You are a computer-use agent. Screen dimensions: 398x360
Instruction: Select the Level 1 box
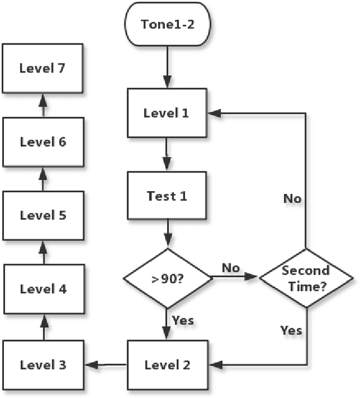pyautogui.click(x=166, y=113)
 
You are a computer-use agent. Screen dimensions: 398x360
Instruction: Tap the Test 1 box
pyautogui.click(x=166, y=196)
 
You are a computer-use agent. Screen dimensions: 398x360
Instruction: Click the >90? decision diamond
pyautogui.click(x=167, y=278)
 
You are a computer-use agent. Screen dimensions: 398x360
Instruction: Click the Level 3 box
pyautogui.click(x=43, y=365)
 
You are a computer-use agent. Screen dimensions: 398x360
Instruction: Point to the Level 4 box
pyautogui.click(x=43, y=290)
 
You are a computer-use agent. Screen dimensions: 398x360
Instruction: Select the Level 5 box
pyautogui.click(x=43, y=215)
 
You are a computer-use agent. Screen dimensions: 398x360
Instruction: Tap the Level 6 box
pyautogui.click(x=43, y=142)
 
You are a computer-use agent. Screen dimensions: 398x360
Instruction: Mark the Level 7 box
pyautogui.click(x=43, y=69)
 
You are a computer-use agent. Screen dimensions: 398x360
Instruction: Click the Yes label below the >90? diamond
pyautogui.click(x=183, y=320)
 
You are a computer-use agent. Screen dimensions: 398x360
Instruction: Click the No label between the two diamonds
pyautogui.click(x=231, y=268)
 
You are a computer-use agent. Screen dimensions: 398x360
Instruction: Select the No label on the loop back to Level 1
pyautogui.click(x=292, y=199)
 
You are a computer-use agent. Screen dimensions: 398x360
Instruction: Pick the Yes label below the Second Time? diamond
pyautogui.click(x=291, y=330)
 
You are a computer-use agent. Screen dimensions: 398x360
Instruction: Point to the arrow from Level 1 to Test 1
pyautogui.click(x=166, y=155)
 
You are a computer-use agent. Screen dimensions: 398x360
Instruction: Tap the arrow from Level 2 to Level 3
pyautogui.click(x=106, y=365)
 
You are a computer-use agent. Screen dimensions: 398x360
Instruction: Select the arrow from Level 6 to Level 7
pyautogui.click(x=43, y=105)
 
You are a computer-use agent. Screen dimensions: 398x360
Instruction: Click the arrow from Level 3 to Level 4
pyautogui.click(x=43, y=327)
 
